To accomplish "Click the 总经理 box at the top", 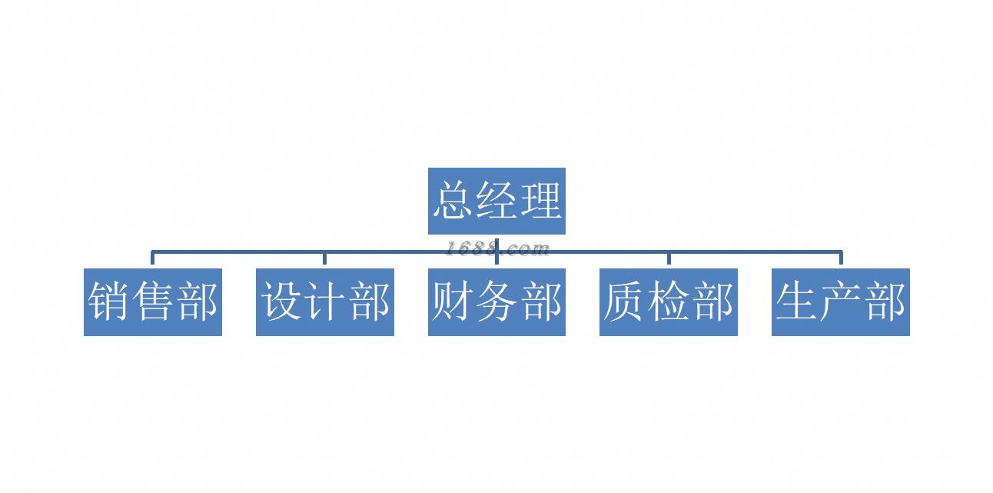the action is point(496,201).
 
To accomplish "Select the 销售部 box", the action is point(153,301).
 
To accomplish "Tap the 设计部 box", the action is point(325,301).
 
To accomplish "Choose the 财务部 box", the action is point(496,301).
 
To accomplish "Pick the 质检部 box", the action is point(669,301).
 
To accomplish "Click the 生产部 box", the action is point(841,301).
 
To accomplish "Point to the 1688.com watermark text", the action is point(497,248).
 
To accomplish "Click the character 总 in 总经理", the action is point(452,201).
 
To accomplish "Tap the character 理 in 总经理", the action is point(541,201).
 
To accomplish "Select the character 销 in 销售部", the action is point(108,301).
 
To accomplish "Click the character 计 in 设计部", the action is point(326,301).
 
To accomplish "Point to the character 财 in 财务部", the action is point(453,301).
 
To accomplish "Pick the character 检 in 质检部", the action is point(669,301).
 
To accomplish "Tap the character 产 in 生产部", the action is point(842,301).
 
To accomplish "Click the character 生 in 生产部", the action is point(797,301).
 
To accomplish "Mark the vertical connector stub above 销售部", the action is point(153,259).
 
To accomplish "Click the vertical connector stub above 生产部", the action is point(841,259).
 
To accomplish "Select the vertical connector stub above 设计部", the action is point(325,259).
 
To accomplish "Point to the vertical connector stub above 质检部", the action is point(669,259).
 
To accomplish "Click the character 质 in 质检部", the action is point(625,301).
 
